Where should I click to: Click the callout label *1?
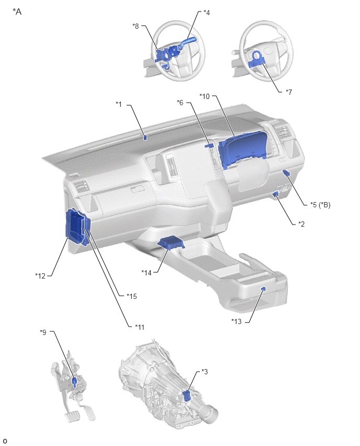point(119,104)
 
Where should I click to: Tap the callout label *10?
point(205,96)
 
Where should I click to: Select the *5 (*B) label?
point(320,205)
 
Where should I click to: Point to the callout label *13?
point(237,321)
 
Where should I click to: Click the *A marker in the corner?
point(17,12)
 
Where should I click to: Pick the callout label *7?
point(289,92)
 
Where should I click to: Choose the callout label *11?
point(140,327)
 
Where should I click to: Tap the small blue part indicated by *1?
point(145,138)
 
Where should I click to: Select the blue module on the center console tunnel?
point(171,243)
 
